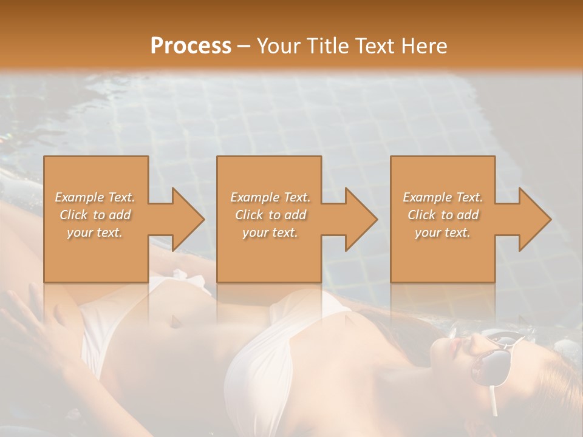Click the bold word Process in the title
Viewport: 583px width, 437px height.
(x=191, y=46)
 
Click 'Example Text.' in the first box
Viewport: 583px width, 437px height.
(x=95, y=197)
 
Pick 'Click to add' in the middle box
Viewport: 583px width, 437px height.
(x=270, y=215)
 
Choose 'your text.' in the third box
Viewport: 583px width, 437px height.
(x=442, y=232)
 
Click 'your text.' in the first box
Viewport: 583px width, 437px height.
(x=95, y=232)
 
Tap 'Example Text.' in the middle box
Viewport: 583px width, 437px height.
(x=270, y=197)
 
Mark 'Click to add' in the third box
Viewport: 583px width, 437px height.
(x=443, y=215)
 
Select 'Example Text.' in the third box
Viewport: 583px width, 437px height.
(x=443, y=197)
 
